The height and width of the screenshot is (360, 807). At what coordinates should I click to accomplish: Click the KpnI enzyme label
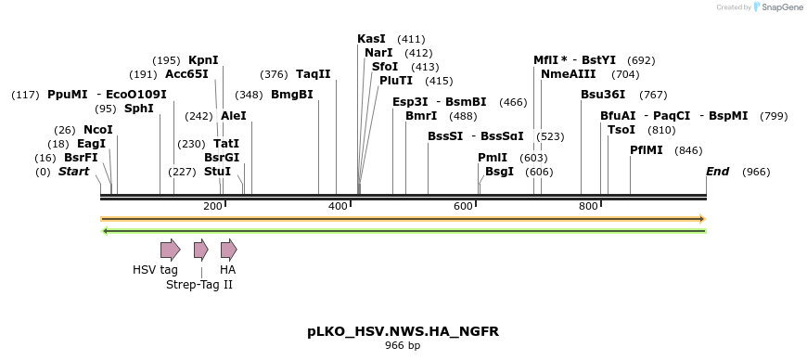pyautogui.click(x=203, y=59)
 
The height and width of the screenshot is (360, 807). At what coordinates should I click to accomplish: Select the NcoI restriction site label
pyautogui.click(x=98, y=129)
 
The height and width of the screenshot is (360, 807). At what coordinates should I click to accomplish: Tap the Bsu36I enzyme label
pyautogui.click(x=603, y=95)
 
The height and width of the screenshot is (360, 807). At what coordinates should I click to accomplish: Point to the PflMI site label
pyautogui.click(x=647, y=149)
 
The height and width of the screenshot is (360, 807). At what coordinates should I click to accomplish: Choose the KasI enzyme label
pyautogui.click(x=372, y=39)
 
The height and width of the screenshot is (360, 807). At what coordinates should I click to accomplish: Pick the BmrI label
pyautogui.click(x=421, y=116)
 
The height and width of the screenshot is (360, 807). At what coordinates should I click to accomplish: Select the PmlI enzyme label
pyautogui.click(x=493, y=158)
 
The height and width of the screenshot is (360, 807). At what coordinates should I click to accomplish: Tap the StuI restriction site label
pyautogui.click(x=217, y=172)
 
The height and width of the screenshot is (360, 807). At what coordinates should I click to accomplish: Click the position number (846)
pyautogui.click(x=689, y=150)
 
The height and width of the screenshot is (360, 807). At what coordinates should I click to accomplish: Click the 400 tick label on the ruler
pyautogui.click(x=338, y=206)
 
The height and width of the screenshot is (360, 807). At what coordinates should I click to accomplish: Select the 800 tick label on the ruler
pyautogui.click(x=588, y=206)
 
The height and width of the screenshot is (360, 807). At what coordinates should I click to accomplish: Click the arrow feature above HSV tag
pyautogui.click(x=170, y=249)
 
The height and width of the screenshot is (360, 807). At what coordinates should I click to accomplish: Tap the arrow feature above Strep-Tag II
pyautogui.click(x=200, y=249)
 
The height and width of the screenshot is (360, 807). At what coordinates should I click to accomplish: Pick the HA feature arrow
pyautogui.click(x=228, y=249)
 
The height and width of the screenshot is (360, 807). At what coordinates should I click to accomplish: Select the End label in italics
pyautogui.click(x=718, y=172)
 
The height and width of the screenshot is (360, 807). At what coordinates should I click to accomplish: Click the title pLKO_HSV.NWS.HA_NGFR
pyautogui.click(x=403, y=331)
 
